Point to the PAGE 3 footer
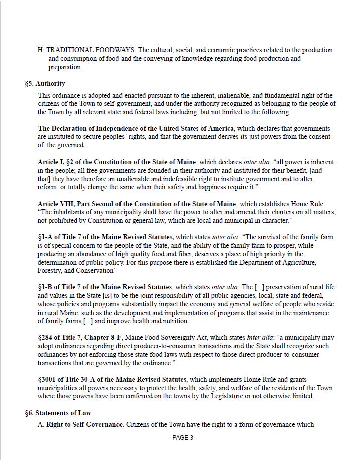coord(183,438)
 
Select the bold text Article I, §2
coord(60,162)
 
